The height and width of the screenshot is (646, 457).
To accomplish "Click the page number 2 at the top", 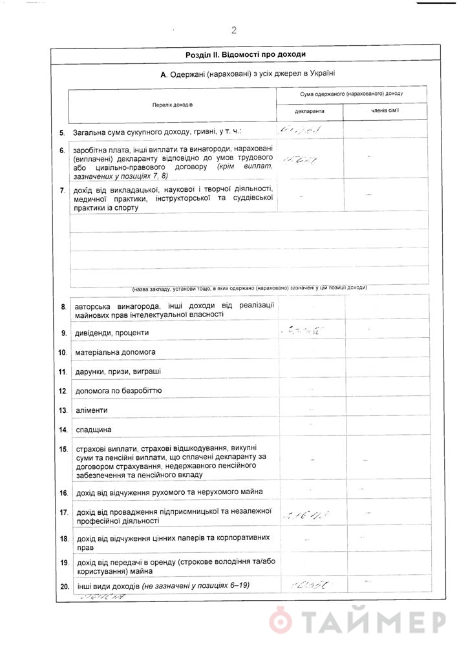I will (x=233, y=30).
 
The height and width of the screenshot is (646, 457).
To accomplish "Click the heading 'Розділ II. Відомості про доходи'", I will (x=245, y=55).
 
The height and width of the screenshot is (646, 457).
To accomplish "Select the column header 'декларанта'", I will (x=310, y=111).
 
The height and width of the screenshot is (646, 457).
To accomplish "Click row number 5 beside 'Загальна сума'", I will (x=62, y=132).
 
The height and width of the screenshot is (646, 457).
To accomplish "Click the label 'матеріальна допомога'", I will (x=116, y=353).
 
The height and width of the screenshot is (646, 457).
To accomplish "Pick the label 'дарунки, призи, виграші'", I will (x=118, y=372).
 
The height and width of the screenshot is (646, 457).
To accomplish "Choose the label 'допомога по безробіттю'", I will (x=118, y=391).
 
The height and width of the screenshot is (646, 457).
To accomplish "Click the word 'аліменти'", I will (x=92, y=410).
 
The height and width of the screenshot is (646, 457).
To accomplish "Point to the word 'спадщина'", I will (x=94, y=430).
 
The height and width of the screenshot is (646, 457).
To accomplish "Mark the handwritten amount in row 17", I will (x=306, y=515).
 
